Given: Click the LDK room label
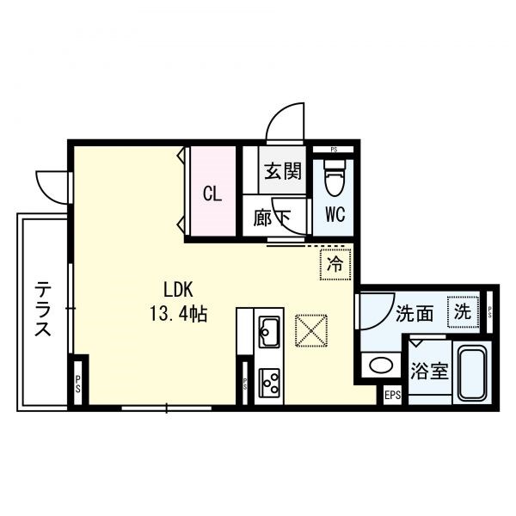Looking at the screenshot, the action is [178, 290].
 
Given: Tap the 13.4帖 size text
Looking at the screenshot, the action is [178, 313].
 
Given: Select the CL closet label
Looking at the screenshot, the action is [212, 193].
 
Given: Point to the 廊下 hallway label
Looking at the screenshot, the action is [272, 218].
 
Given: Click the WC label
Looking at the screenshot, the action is [335, 214].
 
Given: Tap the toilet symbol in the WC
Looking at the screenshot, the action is [335, 178].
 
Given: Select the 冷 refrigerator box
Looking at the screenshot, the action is [335, 264].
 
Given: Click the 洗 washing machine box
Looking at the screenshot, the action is [463, 311].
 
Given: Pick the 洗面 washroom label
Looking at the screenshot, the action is [414, 313].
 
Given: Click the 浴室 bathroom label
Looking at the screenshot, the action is [429, 372].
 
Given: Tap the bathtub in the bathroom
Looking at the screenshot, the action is [473, 373].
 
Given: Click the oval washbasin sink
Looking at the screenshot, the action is [381, 365].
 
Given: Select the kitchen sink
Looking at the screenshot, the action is [269, 332].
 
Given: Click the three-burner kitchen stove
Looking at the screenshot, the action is [269, 383].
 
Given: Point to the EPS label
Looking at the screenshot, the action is [393, 395].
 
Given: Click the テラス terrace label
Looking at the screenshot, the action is [43, 308].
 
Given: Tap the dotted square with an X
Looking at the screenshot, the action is [311, 330].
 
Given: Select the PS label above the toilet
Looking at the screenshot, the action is [334, 150].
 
